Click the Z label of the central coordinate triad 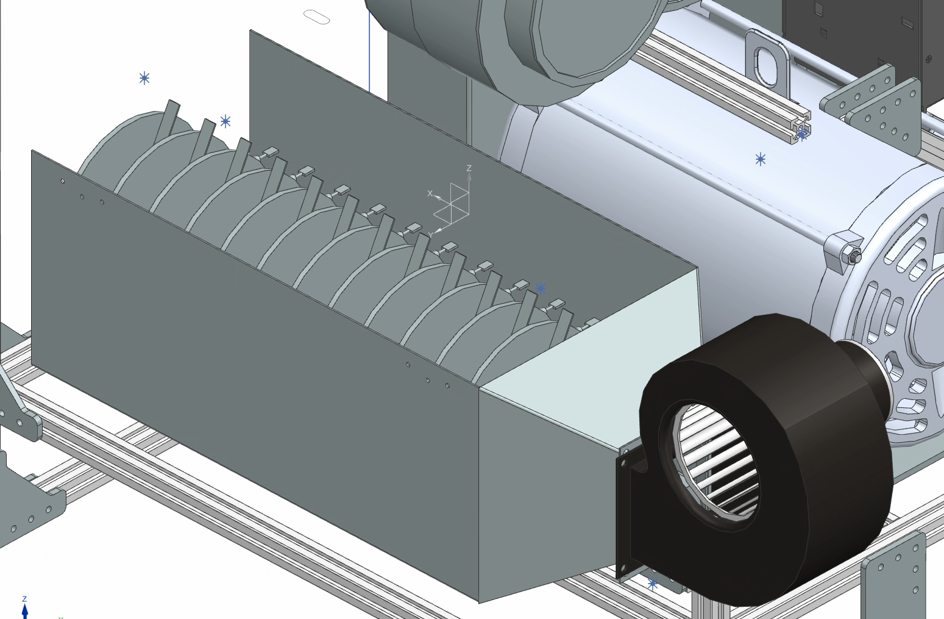(469, 168)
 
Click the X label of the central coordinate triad (430, 193)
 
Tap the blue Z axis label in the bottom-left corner (24, 599)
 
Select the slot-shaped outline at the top (316, 17)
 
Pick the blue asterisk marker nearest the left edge (144, 78)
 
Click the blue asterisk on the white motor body (760, 159)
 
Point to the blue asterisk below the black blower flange (652, 584)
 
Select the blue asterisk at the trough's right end (541, 288)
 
